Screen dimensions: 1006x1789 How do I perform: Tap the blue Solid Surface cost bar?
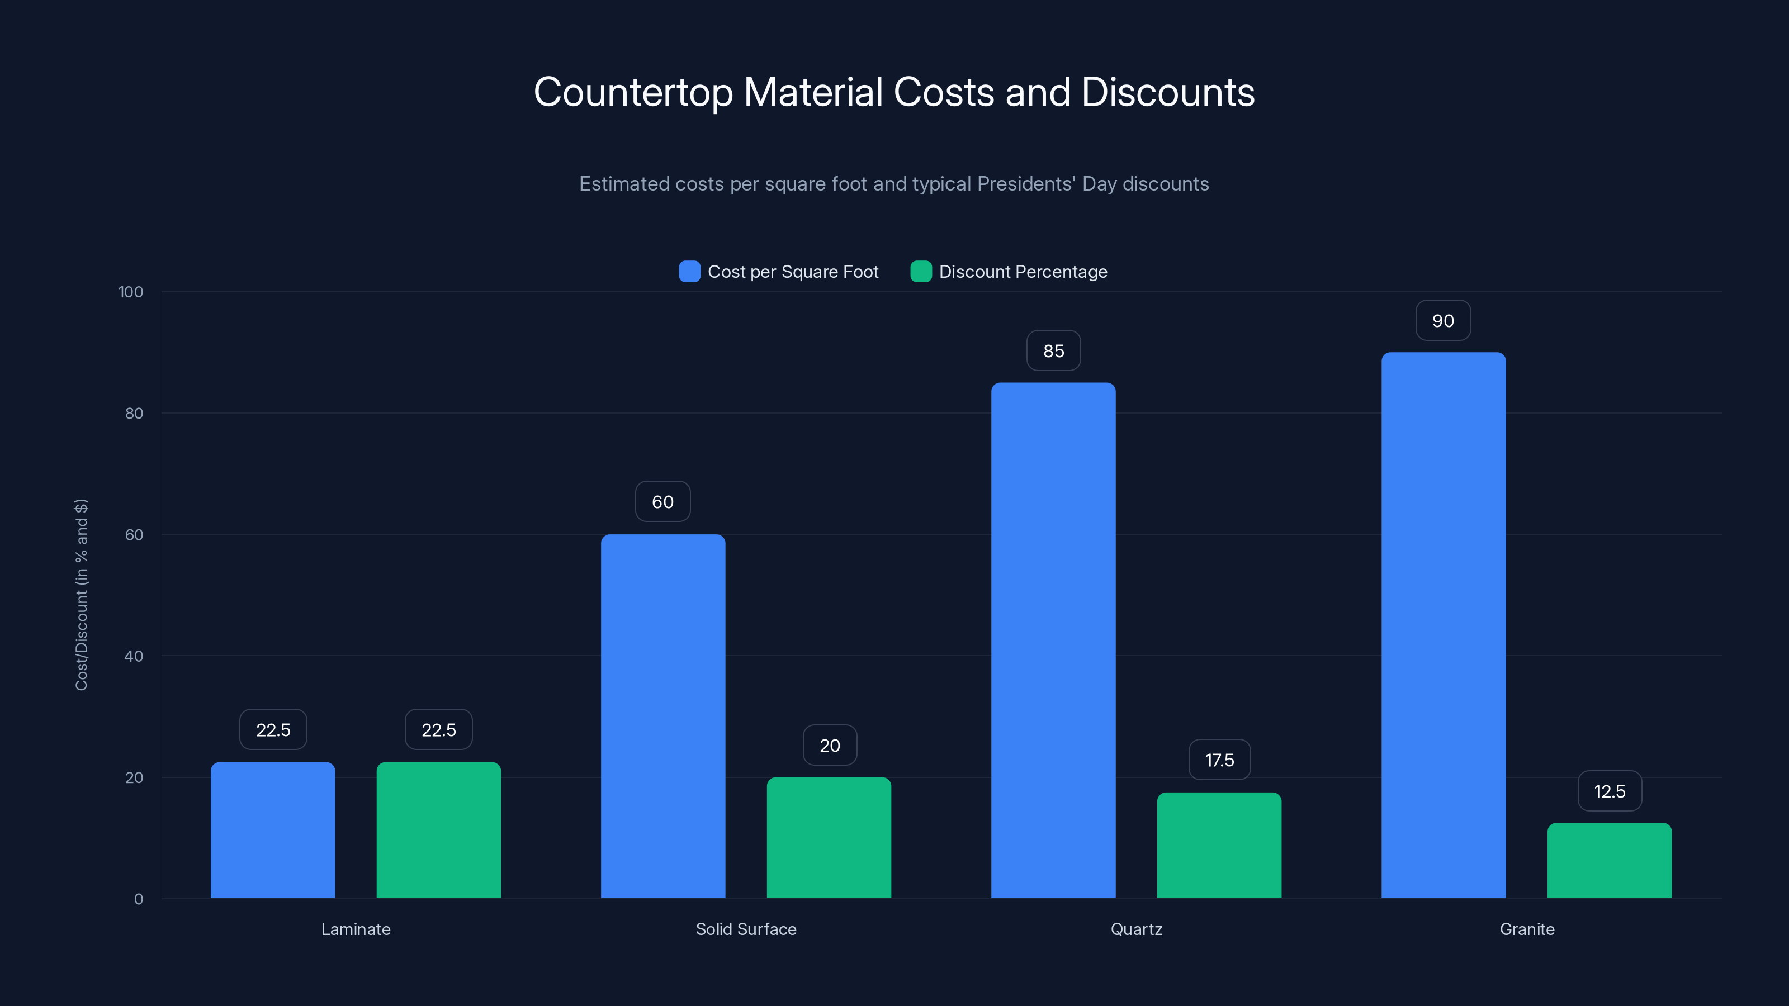662,716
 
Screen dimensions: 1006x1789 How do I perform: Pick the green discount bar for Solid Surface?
829,837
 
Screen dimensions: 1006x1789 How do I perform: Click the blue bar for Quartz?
1053,640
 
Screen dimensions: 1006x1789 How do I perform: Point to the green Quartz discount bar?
1219,845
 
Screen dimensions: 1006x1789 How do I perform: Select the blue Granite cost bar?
1443,625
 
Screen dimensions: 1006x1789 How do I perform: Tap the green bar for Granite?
1609,860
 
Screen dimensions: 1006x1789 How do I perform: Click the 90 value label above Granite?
1443,321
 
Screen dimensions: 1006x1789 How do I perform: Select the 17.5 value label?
1219,760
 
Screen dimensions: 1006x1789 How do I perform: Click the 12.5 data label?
1609,791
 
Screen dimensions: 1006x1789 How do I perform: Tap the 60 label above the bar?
662,502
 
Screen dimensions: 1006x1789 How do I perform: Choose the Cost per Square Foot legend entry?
779,272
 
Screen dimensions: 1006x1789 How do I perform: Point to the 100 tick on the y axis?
131,292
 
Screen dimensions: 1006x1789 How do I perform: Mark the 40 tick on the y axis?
134,656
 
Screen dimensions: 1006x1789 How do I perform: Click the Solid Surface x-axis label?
746,929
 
